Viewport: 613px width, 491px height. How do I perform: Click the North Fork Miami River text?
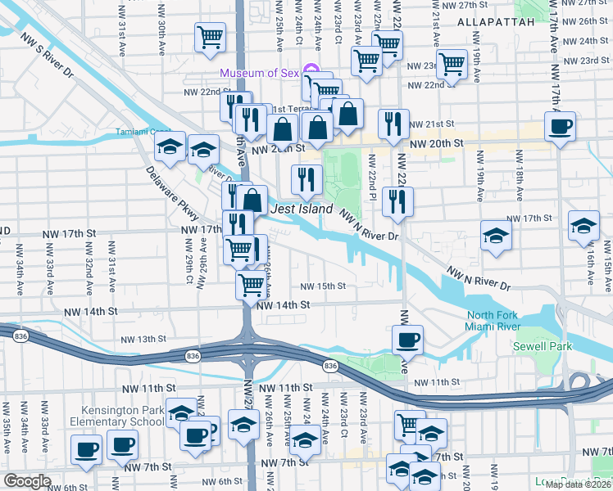click(x=504, y=322)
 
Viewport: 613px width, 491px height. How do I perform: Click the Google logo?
click(x=27, y=481)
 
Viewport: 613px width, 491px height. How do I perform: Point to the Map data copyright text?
click(x=578, y=484)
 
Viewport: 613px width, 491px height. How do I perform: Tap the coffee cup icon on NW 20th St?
click(x=561, y=127)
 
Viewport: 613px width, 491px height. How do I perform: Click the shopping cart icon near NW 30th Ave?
click(x=210, y=37)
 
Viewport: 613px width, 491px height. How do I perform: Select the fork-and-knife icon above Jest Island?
click(x=307, y=179)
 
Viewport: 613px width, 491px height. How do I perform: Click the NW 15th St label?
click(x=322, y=286)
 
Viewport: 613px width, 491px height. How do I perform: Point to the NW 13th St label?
click(x=143, y=339)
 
